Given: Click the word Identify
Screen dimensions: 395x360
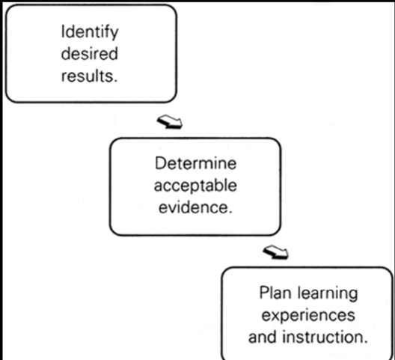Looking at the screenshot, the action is click(x=90, y=32).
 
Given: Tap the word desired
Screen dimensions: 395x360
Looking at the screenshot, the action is click(x=90, y=53).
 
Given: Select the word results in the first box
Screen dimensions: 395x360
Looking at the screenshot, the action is click(x=88, y=76).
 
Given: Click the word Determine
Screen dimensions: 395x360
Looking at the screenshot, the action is click(x=195, y=163).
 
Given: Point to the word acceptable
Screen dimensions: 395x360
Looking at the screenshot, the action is click(x=195, y=186).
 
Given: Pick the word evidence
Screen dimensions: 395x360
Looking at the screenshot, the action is click(x=193, y=207).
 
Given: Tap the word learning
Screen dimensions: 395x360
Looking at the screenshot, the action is click(x=328, y=293).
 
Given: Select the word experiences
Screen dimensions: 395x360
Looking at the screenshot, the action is click(x=308, y=316).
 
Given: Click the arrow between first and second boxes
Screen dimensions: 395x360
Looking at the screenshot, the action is click(x=170, y=122).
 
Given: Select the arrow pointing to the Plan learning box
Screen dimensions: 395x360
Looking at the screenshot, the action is click(x=275, y=252).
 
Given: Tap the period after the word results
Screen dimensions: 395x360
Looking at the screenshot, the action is click(x=116, y=81).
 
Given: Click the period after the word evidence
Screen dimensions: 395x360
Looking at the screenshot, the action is click(x=230, y=213).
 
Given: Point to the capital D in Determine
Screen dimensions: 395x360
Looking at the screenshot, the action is click(x=160, y=163).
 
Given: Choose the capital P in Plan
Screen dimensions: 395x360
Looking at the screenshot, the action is click(x=264, y=293).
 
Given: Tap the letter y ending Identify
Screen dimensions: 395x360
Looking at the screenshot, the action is click(x=114, y=34).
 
